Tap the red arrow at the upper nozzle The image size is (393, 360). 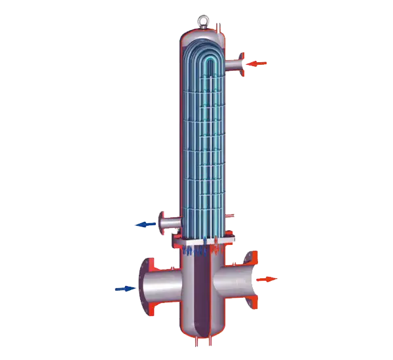click(257, 63)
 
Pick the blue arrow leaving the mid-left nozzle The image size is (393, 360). click(145, 224)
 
